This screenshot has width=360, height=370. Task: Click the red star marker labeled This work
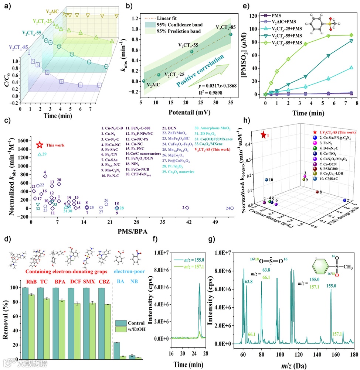[40, 145]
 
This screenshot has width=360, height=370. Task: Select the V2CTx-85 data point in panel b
[231, 34]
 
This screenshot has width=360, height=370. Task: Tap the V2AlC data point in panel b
[143, 81]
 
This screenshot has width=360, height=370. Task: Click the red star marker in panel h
[263, 135]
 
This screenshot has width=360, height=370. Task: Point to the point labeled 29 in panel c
[39, 154]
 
